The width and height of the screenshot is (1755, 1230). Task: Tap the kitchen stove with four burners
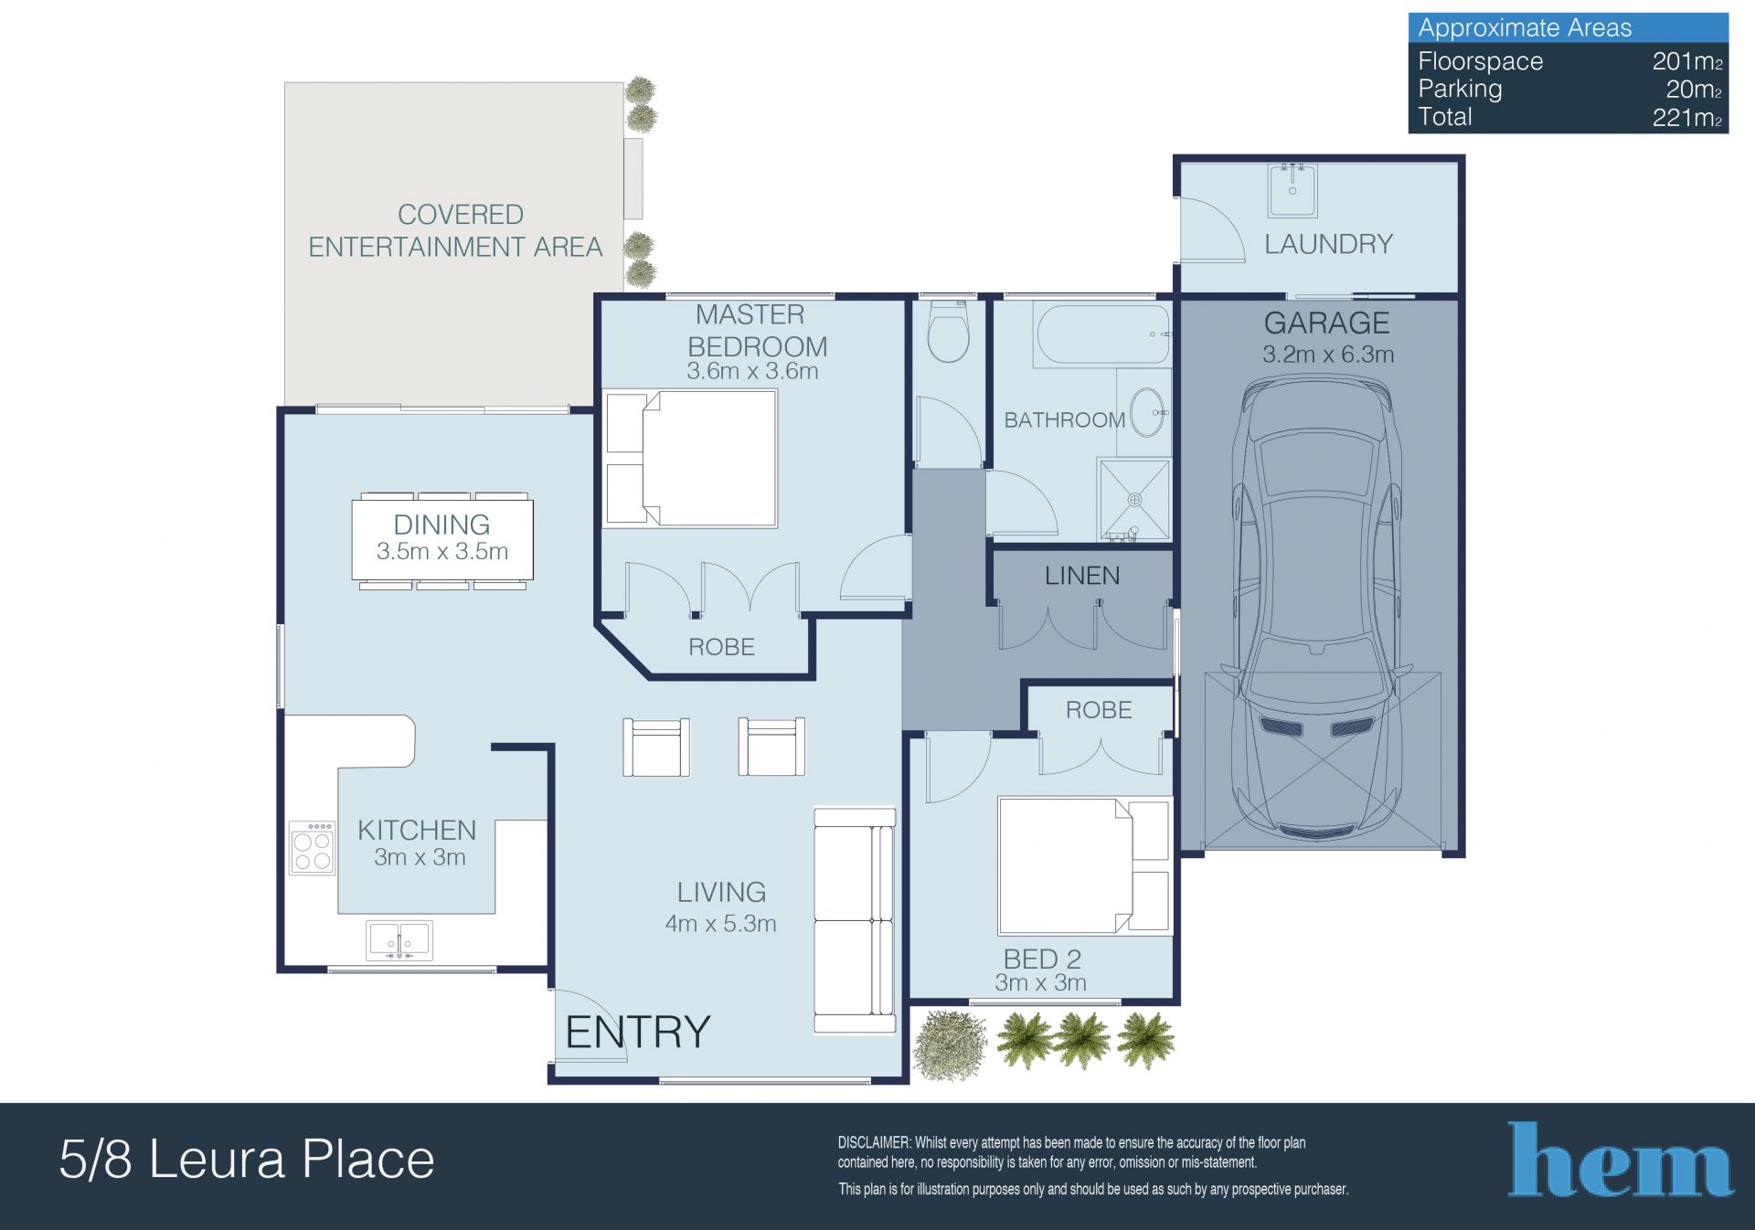[312, 849]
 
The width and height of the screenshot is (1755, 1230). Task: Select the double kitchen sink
[399, 940]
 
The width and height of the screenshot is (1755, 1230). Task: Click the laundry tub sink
[1292, 190]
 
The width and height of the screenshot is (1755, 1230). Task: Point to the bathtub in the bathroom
[1102, 334]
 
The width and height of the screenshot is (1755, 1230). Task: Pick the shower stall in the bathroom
[1134, 500]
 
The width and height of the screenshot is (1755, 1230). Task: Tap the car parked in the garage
[1317, 607]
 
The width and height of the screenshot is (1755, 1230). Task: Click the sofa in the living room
[855, 920]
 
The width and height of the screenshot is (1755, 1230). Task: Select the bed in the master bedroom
[692, 459]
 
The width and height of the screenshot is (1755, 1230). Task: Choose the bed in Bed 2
[1084, 866]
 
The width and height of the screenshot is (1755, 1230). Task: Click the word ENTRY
[638, 1033]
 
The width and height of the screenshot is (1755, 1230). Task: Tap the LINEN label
[1082, 576]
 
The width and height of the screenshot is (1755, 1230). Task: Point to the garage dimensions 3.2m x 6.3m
[1328, 355]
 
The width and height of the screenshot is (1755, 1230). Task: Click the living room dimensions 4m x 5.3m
[721, 924]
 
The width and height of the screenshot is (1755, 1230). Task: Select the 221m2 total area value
[1687, 117]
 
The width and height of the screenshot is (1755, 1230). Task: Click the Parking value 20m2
[1694, 90]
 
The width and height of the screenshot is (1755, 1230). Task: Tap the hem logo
[1620, 1160]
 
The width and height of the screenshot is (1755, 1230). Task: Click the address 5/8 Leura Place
[247, 1159]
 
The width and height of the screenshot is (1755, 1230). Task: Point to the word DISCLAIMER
[874, 1143]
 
